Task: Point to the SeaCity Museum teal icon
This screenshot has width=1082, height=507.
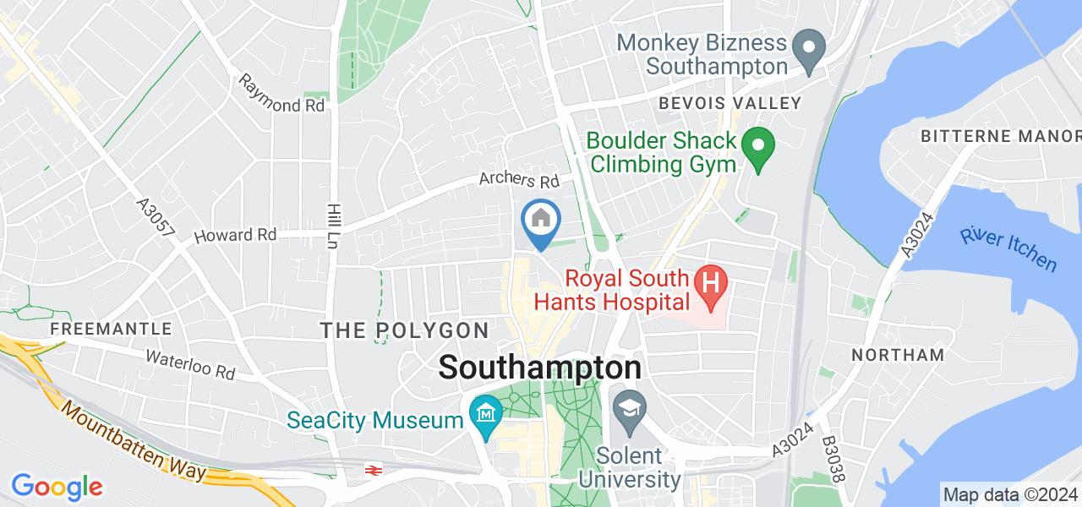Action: tap(487, 415)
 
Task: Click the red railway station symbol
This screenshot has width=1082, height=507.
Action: tap(370, 469)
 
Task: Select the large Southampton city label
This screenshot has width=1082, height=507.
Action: tap(540, 368)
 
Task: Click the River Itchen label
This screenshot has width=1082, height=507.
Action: tap(1008, 248)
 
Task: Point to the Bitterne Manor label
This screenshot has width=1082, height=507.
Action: tap(1000, 136)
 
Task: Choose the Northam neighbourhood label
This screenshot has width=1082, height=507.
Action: tap(898, 355)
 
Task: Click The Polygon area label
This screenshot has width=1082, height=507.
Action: tap(405, 330)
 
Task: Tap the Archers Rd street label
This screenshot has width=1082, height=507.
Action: tap(520, 181)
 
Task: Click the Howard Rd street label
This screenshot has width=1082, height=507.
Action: tap(235, 236)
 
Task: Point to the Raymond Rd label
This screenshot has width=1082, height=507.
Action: tap(281, 94)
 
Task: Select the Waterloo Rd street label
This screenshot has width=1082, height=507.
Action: tap(189, 364)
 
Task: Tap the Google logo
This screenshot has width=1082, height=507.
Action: tap(57, 487)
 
